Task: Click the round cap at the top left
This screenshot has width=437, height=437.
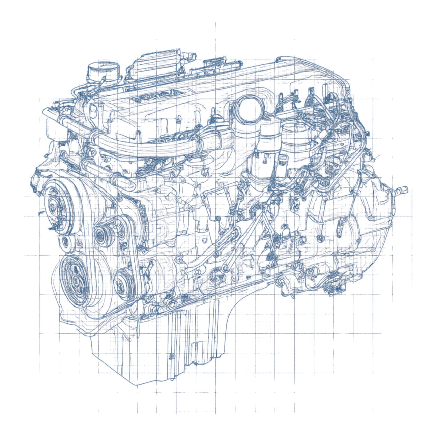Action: [103, 71]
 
